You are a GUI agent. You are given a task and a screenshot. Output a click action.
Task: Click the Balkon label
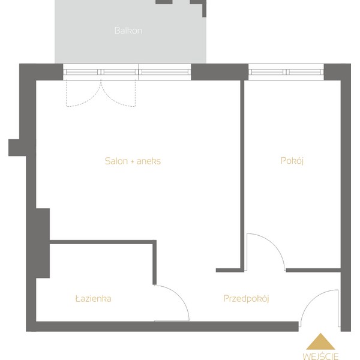point(128,31)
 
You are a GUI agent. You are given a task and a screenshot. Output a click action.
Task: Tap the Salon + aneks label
point(133,161)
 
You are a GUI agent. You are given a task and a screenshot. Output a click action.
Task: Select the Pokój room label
point(292,161)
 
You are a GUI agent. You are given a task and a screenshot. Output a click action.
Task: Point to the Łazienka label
point(94,298)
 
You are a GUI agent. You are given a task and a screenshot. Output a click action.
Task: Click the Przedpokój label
point(246,298)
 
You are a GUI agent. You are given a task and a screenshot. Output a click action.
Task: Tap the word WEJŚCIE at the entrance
point(320,356)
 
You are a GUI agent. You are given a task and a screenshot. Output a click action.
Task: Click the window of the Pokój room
point(286,72)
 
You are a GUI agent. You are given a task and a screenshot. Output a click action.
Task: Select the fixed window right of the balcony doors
point(165,72)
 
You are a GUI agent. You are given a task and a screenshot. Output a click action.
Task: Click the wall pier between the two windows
point(220,72)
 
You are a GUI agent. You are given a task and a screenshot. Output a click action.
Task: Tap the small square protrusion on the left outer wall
point(17,148)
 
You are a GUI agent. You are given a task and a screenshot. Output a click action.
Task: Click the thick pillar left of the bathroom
point(43,243)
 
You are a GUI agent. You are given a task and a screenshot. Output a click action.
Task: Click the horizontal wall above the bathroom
point(103,242)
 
